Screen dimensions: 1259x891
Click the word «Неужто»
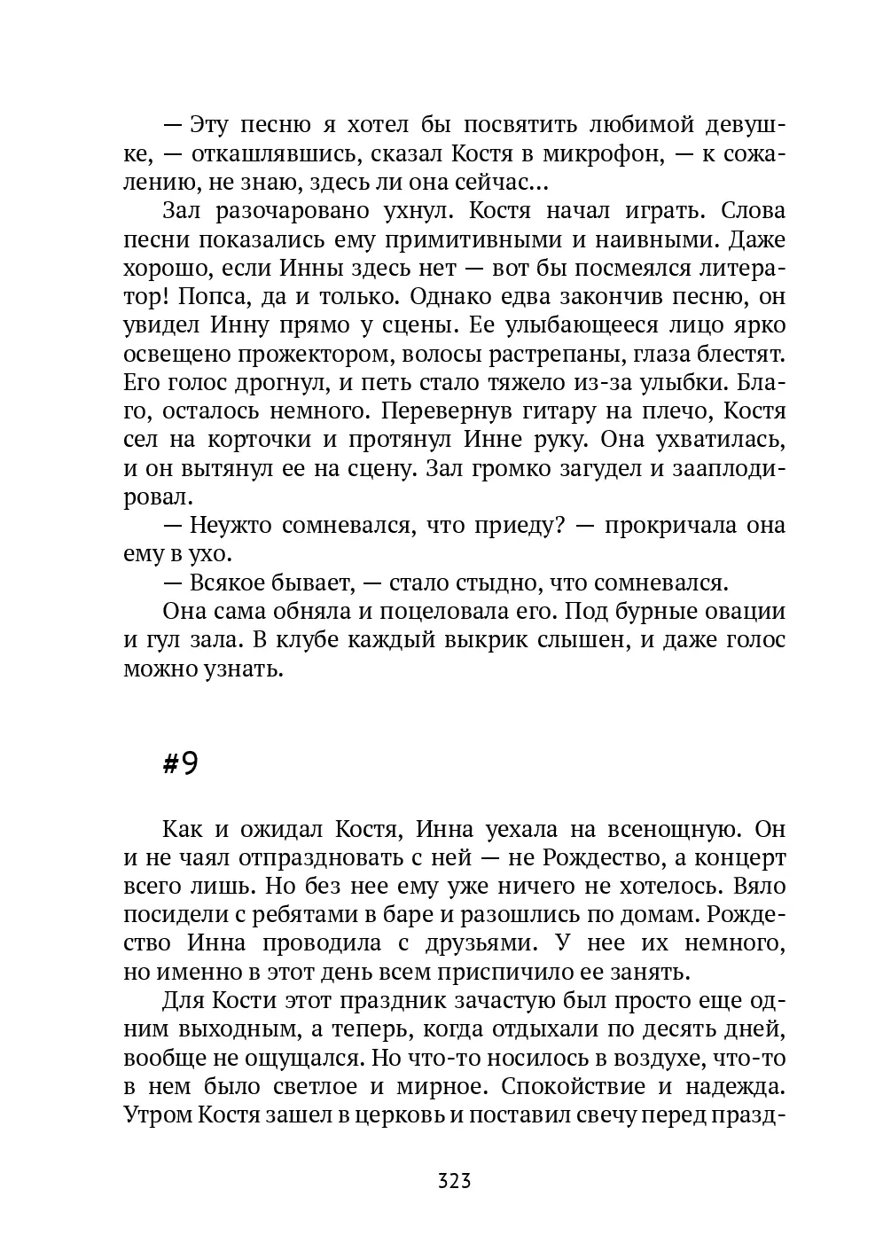231,525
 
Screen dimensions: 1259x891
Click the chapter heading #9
180,764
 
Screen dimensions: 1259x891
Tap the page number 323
454,1181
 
